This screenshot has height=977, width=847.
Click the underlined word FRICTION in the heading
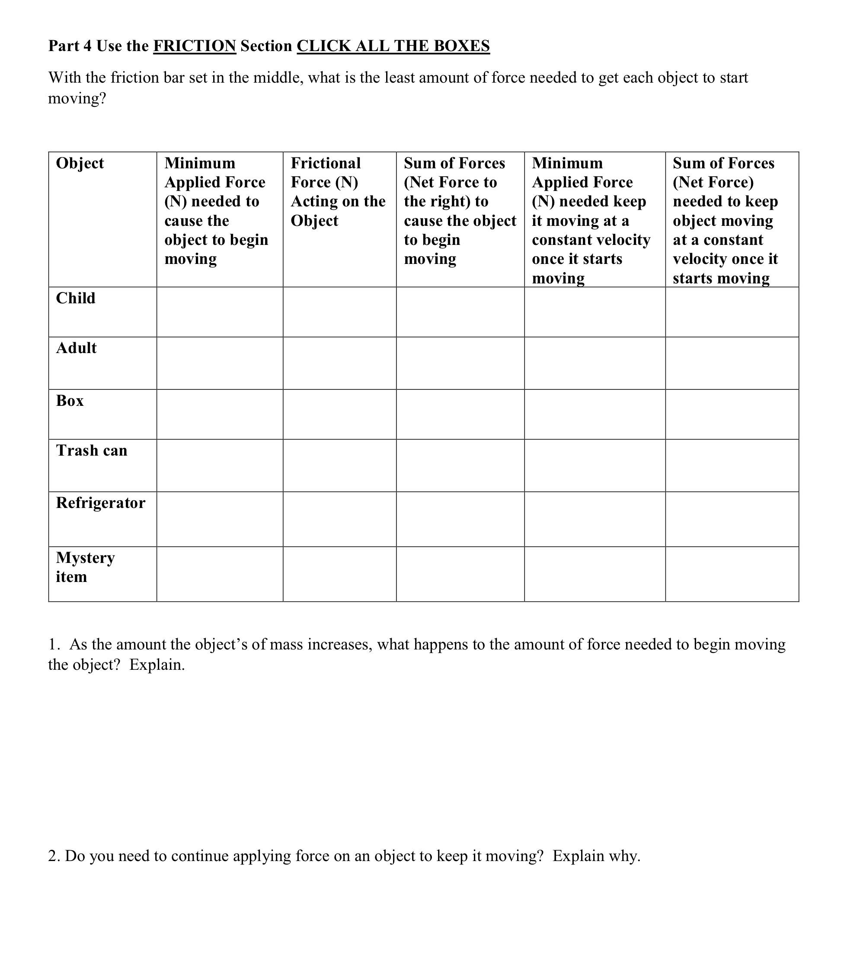[x=194, y=46]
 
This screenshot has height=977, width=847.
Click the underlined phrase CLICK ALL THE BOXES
[x=393, y=46]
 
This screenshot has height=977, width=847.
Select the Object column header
[x=80, y=163]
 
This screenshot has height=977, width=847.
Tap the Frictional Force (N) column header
[x=338, y=192]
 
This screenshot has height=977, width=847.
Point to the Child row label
[x=76, y=299]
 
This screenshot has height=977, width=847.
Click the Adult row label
[x=76, y=348]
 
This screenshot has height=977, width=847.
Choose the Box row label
[x=70, y=401]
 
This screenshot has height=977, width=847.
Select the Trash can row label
[x=92, y=450]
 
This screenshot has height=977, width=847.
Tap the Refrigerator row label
[x=100, y=503]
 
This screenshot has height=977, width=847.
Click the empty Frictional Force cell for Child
[x=339, y=312]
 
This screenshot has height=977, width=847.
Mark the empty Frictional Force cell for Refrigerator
[x=339, y=519]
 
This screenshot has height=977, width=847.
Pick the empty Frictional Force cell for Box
[x=339, y=414]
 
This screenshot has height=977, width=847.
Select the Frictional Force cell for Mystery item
[x=339, y=574]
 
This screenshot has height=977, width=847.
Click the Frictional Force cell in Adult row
[x=339, y=363]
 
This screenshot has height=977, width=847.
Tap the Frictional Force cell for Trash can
[x=339, y=465]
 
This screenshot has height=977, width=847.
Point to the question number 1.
[x=54, y=645]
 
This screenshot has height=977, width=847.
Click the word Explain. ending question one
[x=157, y=665]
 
